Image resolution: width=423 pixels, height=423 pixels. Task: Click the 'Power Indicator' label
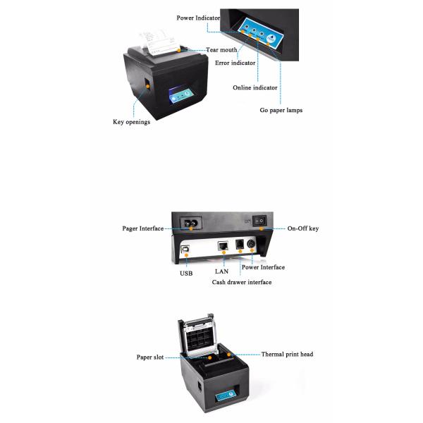coord(198,18)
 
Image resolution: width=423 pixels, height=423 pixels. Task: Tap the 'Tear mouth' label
coord(221,50)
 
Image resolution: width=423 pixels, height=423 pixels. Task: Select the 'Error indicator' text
coord(235,63)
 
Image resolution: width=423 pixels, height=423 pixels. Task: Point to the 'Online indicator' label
coord(255,87)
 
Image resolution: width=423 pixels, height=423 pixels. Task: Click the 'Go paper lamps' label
coord(281,110)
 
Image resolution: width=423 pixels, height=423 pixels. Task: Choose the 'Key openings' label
coord(131,122)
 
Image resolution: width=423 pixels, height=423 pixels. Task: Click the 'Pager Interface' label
coord(143,228)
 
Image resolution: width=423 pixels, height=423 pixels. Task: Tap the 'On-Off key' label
coord(303,228)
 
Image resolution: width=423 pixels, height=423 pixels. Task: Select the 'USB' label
coord(186,274)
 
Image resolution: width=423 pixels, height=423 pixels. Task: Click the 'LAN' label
coord(222,271)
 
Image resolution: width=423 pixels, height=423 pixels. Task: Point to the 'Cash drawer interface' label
coord(242,282)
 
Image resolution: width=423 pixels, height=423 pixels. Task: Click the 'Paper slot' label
coord(150,357)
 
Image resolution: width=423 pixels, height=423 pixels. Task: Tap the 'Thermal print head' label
coord(288,354)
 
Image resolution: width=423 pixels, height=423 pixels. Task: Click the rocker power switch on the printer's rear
coord(259,221)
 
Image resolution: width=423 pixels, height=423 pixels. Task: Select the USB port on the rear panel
coord(185,249)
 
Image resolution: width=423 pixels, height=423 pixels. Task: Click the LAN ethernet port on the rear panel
coord(223,246)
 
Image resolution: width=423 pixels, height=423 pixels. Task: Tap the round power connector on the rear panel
coord(252,244)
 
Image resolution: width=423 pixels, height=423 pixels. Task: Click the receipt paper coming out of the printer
coord(159,42)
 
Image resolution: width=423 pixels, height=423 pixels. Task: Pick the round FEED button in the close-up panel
coord(271,39)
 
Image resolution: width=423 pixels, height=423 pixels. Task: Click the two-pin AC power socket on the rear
coord(191,223)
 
